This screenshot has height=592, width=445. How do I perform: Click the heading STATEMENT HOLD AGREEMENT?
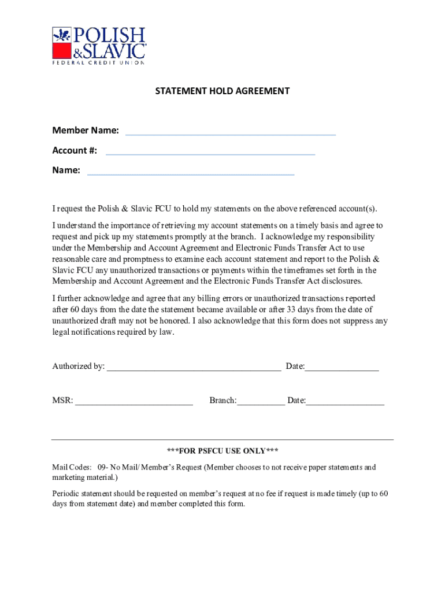[x=222, y=91]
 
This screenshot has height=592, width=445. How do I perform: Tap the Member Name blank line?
[x=230, y=133]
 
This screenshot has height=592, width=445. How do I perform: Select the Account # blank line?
[x=210, y=153]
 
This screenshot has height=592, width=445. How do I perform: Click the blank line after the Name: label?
[x=190, y=173]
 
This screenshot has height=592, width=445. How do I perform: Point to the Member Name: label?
[x=86, y=131]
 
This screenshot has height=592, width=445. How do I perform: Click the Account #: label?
[x=75, y=150]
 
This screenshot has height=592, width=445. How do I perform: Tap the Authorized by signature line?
[x=194, y=368]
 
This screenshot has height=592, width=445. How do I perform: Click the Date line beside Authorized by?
[x=342, y=368]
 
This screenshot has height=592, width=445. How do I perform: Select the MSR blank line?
[x=134, y=403]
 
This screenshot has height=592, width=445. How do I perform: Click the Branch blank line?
[x=261, y=403]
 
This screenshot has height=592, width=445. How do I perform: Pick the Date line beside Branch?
[x=345, y=403]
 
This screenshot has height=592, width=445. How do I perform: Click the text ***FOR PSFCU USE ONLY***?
[x=222, y=451]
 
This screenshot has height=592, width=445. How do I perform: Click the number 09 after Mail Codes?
[x=102, y=467]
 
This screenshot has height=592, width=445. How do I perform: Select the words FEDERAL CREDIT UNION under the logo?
[x=98, y=61]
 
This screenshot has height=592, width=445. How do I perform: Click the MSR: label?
[x=62, y=401]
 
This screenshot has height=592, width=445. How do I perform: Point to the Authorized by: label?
[x=79, y=366]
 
